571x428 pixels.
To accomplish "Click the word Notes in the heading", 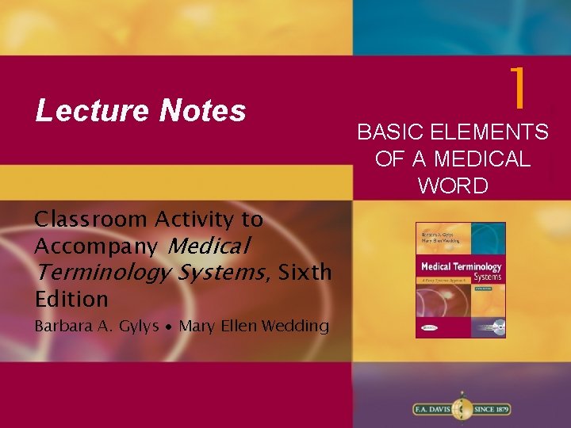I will [x=201, y=112].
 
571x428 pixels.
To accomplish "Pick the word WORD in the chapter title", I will [x=453, y=185].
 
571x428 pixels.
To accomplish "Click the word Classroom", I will [x=92, y=218].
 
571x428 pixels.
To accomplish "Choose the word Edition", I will [x=71, y=299].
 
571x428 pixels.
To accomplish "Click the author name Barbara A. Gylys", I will [x=96, y=326].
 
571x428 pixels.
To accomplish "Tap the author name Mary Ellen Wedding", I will [x=255, y=326].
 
